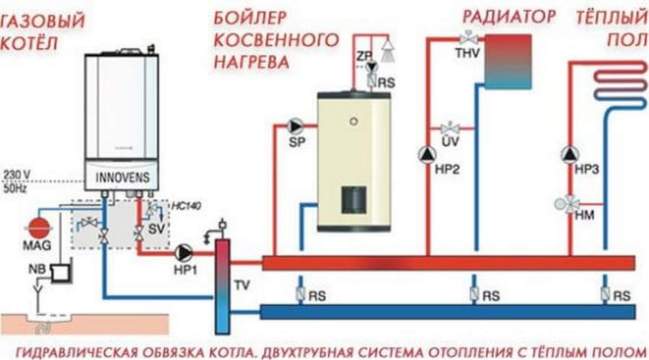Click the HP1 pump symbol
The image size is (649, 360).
[x=183, y=252]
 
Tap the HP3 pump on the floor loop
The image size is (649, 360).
[x=571, y=154]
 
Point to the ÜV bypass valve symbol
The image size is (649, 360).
[x=451, y=129]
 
